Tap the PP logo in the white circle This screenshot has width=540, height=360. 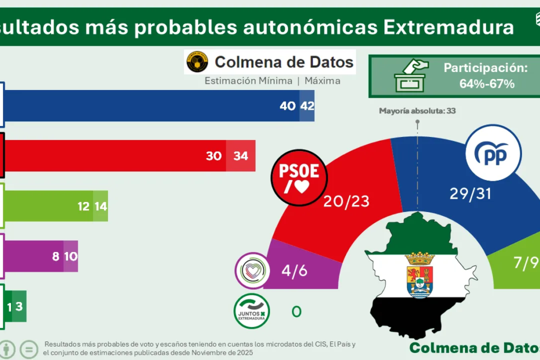493,153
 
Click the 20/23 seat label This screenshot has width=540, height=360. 347,201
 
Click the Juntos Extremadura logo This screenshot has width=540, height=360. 251,311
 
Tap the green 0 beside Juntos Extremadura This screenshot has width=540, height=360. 296,312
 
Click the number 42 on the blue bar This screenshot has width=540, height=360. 307,106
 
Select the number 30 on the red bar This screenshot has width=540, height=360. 214,156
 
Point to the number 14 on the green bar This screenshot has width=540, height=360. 100,206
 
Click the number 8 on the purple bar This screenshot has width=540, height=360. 56,255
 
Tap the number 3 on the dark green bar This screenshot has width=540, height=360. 19,305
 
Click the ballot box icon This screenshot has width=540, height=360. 411,77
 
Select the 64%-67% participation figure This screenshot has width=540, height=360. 487,84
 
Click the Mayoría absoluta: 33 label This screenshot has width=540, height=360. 417,110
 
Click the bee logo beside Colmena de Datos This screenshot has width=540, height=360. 197,62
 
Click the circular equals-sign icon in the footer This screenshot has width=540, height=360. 28,349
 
